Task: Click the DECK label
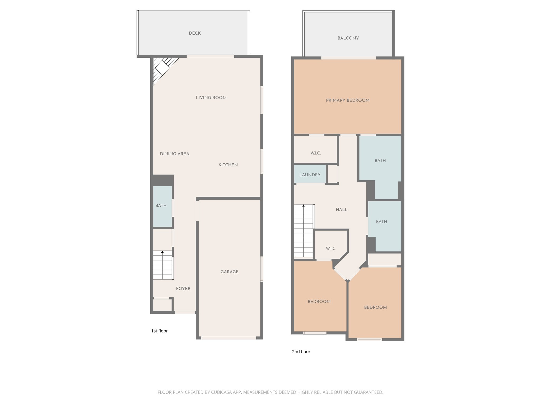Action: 195,33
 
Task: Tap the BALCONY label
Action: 348,38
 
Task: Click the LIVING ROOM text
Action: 211,98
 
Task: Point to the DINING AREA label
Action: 174,154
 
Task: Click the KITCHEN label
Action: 228,165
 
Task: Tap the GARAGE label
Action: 229,272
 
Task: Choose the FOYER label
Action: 183,289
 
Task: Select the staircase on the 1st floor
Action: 162,265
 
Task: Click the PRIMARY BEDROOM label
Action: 347,100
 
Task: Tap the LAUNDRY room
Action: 310,175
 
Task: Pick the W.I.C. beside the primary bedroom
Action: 315,153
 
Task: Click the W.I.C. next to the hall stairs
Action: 331,248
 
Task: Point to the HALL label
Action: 341,210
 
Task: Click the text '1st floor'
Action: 159,331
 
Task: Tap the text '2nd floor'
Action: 301,352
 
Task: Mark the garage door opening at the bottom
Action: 229,338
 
